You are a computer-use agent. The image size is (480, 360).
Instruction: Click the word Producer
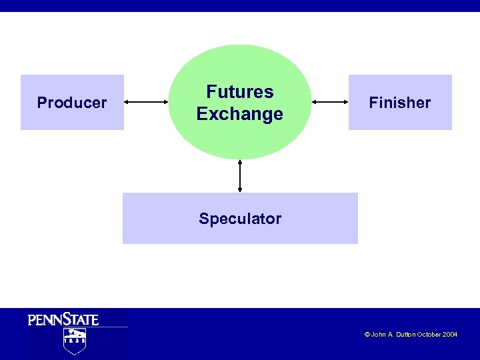point(72,103)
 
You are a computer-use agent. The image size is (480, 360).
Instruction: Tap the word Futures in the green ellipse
point(240,92)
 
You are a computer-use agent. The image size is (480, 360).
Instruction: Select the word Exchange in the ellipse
point(240,114)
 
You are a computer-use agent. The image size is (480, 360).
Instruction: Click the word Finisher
point(400,103)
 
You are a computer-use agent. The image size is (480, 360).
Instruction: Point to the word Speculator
point(240,219)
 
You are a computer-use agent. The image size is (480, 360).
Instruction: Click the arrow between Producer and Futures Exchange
point(147,102)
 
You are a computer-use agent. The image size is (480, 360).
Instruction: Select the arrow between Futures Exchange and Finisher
point(330,102)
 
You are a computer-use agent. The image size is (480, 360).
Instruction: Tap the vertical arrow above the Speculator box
point(240,176)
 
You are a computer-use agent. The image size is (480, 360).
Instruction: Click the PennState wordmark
point(63,319)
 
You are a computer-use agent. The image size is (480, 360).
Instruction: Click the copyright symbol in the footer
point(367,335)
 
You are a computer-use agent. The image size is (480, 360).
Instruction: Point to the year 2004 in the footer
point(450,335)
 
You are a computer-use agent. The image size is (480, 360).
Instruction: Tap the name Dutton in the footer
point(404,335)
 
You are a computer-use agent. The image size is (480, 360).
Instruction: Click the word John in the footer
point(378,335)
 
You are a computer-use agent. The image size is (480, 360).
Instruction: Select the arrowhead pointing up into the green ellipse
point(240,162)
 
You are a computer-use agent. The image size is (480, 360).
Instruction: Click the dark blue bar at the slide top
point(240,5)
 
